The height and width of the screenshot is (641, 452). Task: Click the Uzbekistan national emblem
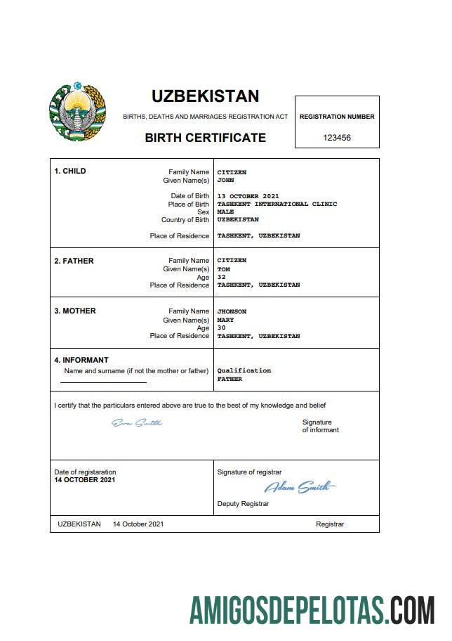click(77, 113)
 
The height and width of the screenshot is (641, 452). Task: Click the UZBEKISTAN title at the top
click(205, 96)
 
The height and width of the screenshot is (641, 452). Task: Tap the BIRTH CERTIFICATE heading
click(205, 138)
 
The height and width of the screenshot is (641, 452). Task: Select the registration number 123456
click(337, 138)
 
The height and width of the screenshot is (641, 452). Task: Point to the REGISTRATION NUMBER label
click(337, 117)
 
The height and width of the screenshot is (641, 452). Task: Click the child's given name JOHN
click(225, 181)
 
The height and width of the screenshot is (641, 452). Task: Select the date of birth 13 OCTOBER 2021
click(248, 196)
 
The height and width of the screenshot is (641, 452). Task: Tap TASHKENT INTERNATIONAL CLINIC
click(277, 204)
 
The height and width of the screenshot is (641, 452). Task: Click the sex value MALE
click(225, 212)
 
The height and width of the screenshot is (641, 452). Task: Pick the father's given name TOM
click(223, 269)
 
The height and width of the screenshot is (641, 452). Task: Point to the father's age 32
click(222, 277)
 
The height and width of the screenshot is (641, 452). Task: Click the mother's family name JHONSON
click(232, 311)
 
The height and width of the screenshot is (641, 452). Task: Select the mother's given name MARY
click(225, 320)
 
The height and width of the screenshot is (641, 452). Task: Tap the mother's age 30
click(222, 328)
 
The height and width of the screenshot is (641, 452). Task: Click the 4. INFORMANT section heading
click(81, 360)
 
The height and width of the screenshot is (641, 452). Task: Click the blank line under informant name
click(103, 382)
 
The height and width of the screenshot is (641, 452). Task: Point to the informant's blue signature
click(137, 422)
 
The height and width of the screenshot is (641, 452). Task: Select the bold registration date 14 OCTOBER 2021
click(85, 480)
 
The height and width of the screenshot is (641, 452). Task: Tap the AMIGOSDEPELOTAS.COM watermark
click(312, 610)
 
